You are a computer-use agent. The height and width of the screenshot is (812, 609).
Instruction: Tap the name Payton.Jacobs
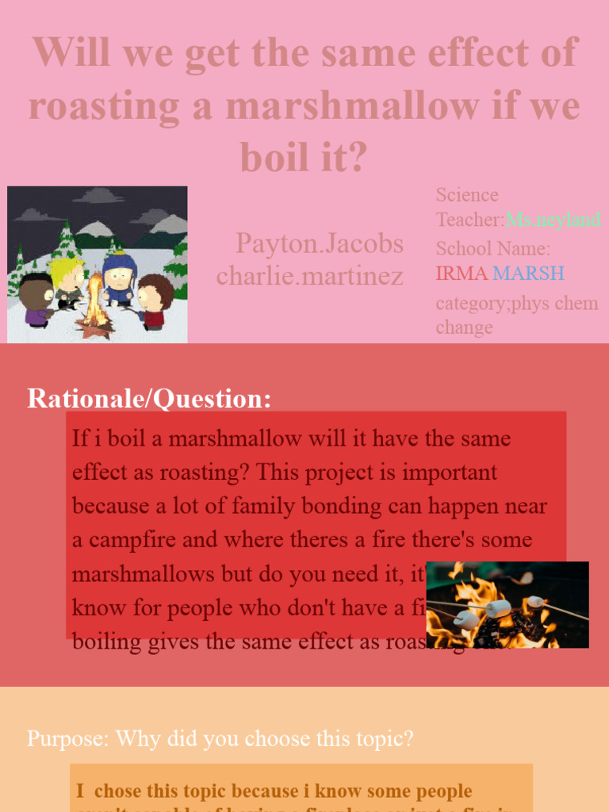point(319,243)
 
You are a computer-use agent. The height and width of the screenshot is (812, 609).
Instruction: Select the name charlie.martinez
point(309,276)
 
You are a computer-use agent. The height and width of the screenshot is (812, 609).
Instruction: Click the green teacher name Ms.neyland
point(553,220)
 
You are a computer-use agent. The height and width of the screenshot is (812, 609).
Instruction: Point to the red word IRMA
point(462,274)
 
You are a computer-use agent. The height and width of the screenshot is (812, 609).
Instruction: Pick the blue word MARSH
point(528,274)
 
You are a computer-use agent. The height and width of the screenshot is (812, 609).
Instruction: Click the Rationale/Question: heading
point(149,398)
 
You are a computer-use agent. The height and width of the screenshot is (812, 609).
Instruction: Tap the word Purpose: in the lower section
point(68,738)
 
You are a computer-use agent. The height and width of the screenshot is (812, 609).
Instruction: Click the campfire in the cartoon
point(97,305)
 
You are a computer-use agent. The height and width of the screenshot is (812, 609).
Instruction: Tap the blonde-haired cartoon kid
point(68,282)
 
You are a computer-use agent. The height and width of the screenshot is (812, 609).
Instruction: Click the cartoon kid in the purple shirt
point(36,301)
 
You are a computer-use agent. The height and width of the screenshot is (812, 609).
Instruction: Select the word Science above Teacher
point(467,195)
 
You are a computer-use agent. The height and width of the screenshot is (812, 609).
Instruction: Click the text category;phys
point(492,303)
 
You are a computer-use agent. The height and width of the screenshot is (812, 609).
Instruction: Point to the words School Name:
point(492,248)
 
